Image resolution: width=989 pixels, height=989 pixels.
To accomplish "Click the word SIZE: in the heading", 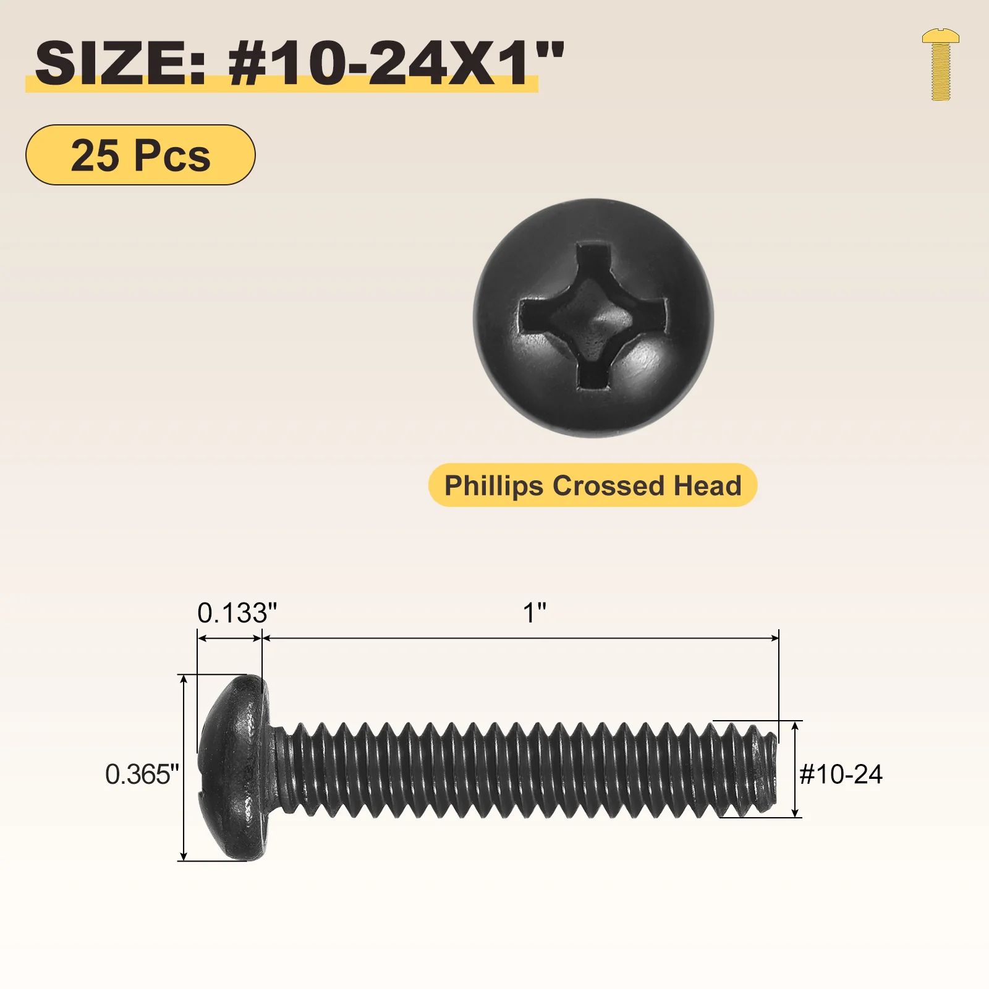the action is [x=120, y=63].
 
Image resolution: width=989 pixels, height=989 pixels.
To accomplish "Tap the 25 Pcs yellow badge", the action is [x=140, y=155].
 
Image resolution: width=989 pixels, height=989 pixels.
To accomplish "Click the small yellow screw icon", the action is [x=940, y=64].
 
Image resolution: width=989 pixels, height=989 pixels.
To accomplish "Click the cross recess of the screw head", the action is [x=592, y=317].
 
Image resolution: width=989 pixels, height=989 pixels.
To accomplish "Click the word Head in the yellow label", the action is [x=707, y=486].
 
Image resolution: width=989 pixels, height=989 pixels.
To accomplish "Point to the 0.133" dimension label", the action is [x=237, y=613].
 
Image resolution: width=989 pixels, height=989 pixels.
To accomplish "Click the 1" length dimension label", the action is [x=535, y=613].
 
